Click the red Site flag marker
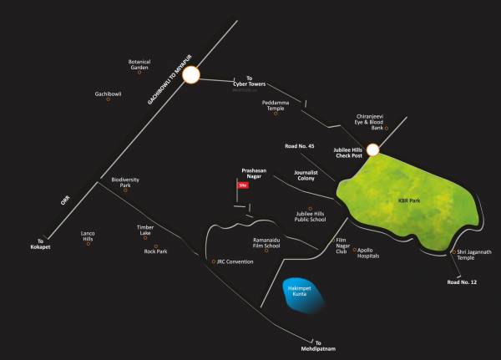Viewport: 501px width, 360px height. (244, 185)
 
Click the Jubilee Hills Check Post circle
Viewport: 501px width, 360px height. (372, 150)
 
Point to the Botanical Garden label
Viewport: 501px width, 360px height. (139, 63)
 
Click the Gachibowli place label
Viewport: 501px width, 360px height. (108, 94)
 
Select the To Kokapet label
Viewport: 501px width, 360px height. (43, 244)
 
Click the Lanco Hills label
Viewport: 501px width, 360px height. (88, 236)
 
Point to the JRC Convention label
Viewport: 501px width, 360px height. (235, 261)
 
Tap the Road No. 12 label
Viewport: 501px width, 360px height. (463, 282)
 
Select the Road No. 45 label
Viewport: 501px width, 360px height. (299, 146)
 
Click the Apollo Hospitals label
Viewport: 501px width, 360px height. (375, 253)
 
